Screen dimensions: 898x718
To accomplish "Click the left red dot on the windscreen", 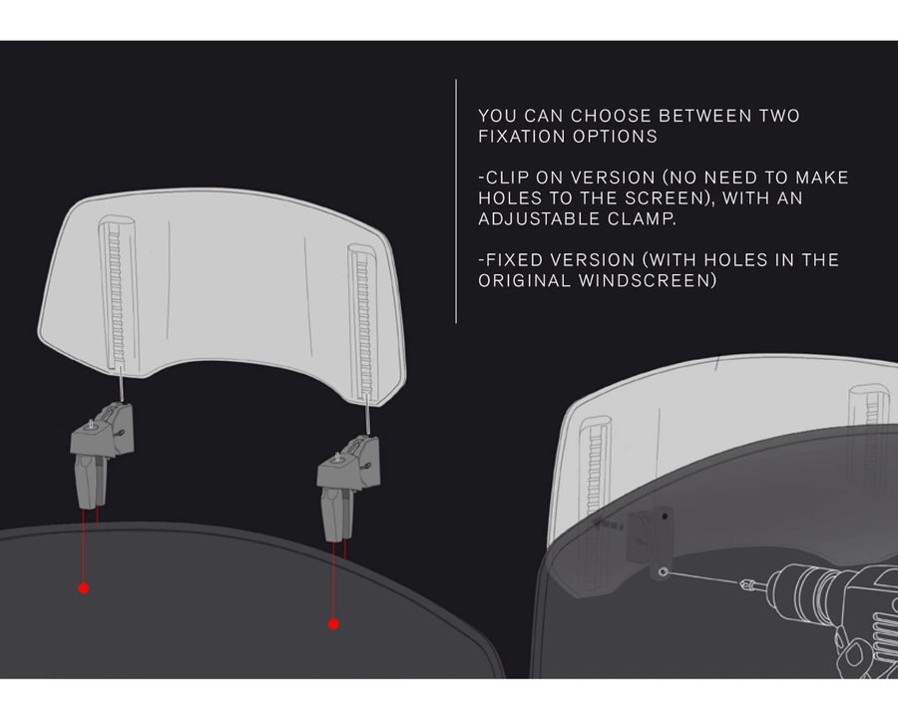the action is pos(84,588).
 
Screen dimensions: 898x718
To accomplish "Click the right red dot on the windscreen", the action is pos(333,624).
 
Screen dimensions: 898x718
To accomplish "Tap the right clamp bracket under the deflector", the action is pos(348,488).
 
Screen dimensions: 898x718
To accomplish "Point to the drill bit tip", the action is pos(743,583).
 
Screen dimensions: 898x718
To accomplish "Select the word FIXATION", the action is pos(522,137).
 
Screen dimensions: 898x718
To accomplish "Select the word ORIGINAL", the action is pos(525,280).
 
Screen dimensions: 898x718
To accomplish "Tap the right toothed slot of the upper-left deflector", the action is pos(363,323).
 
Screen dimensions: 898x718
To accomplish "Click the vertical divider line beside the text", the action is pos(456,201).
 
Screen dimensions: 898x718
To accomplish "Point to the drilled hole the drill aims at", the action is pos(663,572).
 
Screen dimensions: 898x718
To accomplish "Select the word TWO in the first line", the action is pos(779,116).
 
